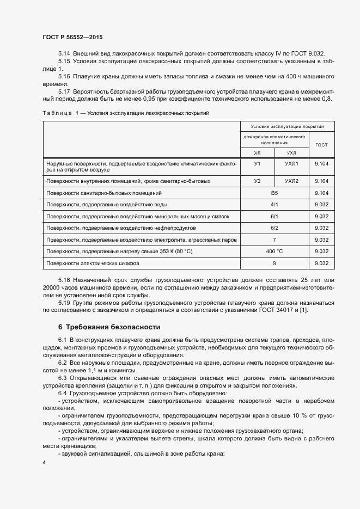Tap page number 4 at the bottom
pos(44,462)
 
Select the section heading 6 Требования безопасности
pos(109,327)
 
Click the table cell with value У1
pos(258,163)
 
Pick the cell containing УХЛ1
pos(291,163)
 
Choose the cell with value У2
pos(258,181)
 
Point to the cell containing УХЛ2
pos(291,181)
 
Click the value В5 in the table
pos(274,193)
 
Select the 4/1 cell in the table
pos(274,205)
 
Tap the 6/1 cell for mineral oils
pos(274,216)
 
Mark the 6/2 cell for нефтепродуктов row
pos(274,228)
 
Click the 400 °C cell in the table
pos(274,252)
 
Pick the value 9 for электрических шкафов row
pos(274,263)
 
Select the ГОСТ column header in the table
pos(321,145)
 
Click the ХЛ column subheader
pos(258,154)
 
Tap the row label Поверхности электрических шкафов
pos(93,263)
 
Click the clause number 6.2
pos(64,363)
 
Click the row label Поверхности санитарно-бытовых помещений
pos(104,193)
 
